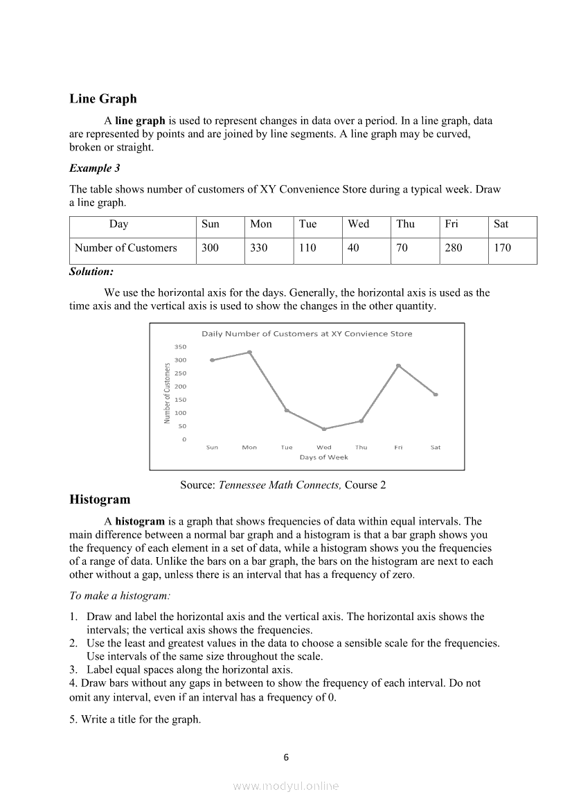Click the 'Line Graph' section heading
pos(103,99)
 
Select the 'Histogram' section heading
pos(100,500)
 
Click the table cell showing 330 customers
pos(259,248)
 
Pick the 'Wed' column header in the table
pos(358,224)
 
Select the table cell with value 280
pos(454,248)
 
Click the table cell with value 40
pos(353,248)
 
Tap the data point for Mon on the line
pos(249,352)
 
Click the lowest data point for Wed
pos(324,429)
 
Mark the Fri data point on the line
pos(398,365)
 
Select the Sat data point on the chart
pos(436,394)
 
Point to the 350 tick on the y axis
pos(180,346)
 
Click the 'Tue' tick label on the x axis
pos(287,448)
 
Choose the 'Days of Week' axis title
pos(323,457)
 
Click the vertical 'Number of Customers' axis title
pos(167,393)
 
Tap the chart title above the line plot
pos(306,334)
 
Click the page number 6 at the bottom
pos(287,757)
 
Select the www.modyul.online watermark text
pos(286,786)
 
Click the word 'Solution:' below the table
pos(91,272)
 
